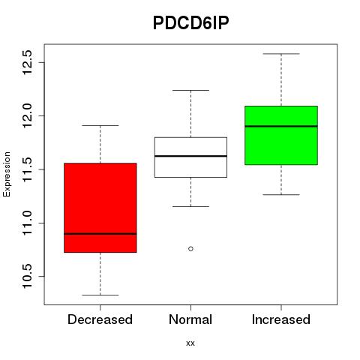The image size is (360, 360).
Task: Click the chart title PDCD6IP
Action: click(x=190, y=23)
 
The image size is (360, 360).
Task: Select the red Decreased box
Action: click(x=100, y=208)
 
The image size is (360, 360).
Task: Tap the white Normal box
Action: click(x=190, y=157)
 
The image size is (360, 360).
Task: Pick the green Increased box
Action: click(x=281, y=135)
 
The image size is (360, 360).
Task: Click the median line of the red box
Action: click(x=100, y=234)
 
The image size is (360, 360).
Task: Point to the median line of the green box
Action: click(x=281, y=126)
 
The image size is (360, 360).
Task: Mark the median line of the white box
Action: click(x=190, y=156)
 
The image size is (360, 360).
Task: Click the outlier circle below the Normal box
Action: click(x=190, y=249)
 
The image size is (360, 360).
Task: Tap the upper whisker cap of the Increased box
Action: click(x=281, y=54)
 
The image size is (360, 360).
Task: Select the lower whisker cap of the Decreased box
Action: click(x=100, y=295)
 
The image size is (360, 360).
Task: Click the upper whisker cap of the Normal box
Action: click(x=190, y=90)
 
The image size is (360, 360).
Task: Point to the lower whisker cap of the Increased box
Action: click(x=281, y=194)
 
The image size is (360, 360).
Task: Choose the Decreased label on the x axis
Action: click(x=100, y=319)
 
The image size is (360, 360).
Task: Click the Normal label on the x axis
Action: click(x=190, y=319)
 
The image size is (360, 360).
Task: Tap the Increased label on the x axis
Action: click(x=281, y=319)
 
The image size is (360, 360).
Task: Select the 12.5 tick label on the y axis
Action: click(x=27, y=62)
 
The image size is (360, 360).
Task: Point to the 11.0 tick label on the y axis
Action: click(x=27, y=223)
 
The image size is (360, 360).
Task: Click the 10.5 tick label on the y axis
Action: click(x=27, y=276)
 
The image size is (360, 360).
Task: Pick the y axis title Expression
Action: click(x=7, y=174)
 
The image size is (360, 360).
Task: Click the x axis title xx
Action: click(x=190, y=343)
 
